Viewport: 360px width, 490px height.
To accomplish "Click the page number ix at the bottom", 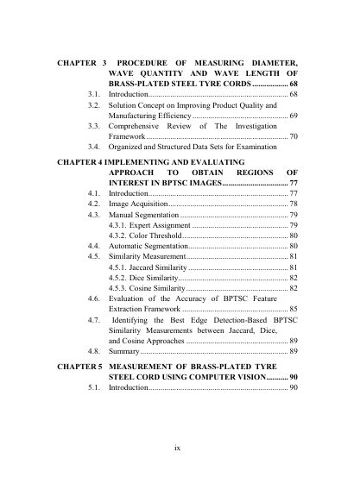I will point(176,447).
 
